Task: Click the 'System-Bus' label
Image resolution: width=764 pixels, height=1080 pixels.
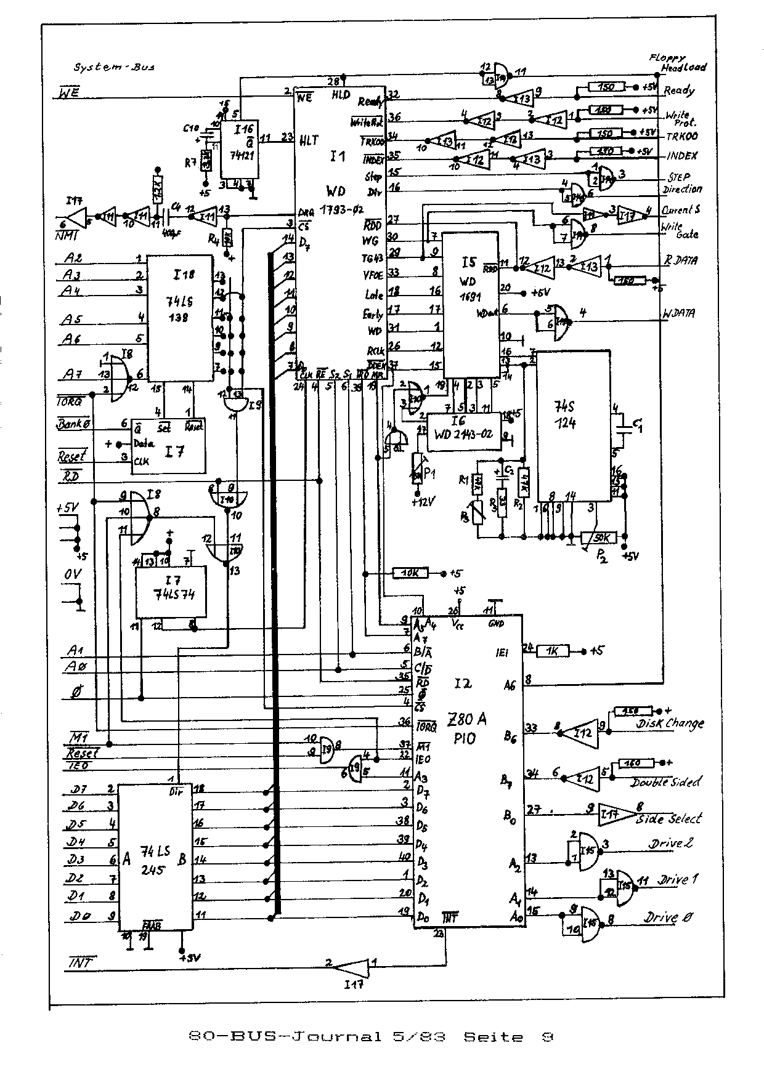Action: tap(113, 67)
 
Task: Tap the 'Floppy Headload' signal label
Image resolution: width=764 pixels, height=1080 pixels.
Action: tap(678, 63)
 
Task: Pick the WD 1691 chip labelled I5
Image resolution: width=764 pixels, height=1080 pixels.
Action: tap(472, 305)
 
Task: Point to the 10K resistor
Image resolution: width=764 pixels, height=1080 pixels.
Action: tap(410, 573)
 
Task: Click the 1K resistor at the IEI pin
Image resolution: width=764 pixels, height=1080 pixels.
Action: tap(552, 651)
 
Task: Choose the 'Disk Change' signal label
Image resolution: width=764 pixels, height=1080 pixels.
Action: tap(669, 724)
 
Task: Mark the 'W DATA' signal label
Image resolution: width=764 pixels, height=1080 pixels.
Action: tap(678, 313)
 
